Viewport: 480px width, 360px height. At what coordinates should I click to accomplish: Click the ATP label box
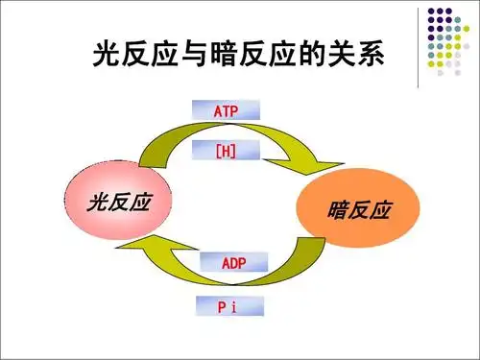pyautogui.click(x=228, y=111)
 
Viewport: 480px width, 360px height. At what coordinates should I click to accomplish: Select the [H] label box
pyautogui.click(x=228, y=151)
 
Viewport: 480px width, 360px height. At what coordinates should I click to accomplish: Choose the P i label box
pyautogui.click(x=228, y=307)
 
